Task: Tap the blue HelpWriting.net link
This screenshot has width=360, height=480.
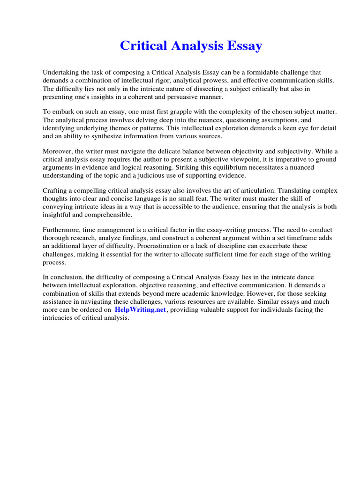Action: point(140,310)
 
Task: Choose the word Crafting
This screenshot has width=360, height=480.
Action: point(55,191)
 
